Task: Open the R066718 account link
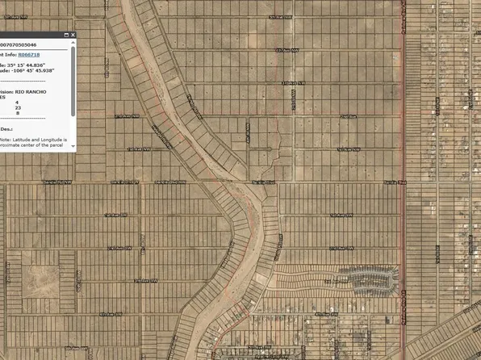pos(28,53)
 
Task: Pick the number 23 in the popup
pos(18,107)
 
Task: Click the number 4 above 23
pos(17,101)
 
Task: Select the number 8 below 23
pos(18,112)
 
